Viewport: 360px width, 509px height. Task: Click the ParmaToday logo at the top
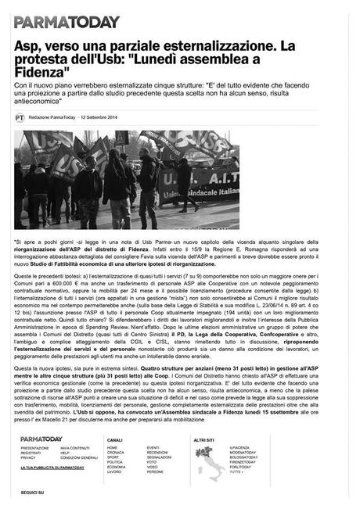tap(67, 22)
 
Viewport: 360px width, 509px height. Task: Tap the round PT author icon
tap(20, 117)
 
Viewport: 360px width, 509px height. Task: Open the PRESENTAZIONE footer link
tap(34, 447)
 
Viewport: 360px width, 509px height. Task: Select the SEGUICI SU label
tap(31, 493)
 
